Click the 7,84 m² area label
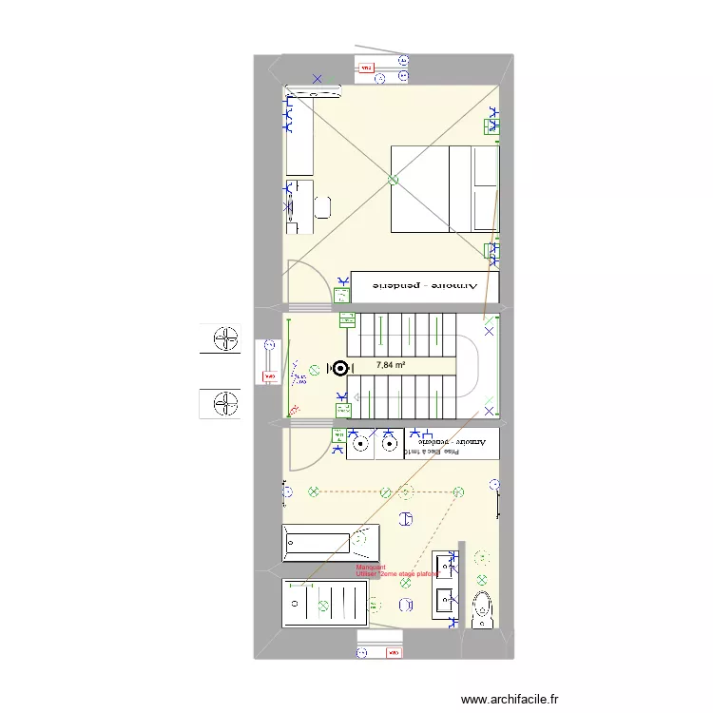[x=391, y=365]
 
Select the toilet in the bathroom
[x=483, y=608]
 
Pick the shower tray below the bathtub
[x=326, y=603]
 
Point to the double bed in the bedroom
[x=445, y=188]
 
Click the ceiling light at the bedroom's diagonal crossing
[x=393, y=180]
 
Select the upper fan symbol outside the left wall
[x=225, y=339]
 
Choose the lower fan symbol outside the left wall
[x=225, y=403]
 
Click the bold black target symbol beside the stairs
[x=339, y=368]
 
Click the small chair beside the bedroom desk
[x=322, y=207]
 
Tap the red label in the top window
[x=366, y=67]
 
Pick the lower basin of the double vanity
[x=444, y=600]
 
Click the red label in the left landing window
[x=265, y=377]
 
